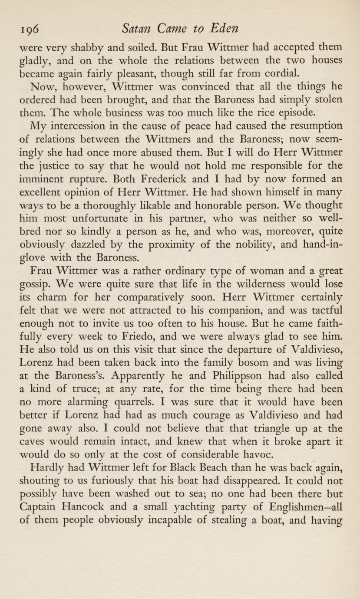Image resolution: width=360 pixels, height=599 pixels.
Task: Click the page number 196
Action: (x=30, y=29)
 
